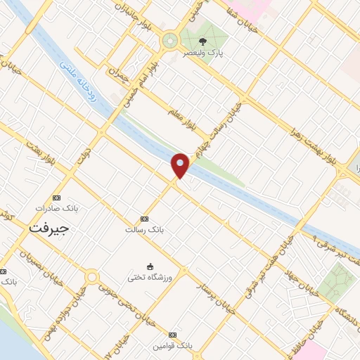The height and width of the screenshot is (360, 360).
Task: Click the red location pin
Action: (x=181, y=165)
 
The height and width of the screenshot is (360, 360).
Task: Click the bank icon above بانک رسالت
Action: (x=145, y=219)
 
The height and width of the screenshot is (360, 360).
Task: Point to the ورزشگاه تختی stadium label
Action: (x=150, y=278)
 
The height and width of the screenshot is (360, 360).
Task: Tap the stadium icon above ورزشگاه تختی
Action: (x=150, y=266)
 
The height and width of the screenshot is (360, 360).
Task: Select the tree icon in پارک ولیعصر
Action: (x=203, y=41)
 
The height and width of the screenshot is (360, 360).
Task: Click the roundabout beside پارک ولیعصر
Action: (x=169, y=41)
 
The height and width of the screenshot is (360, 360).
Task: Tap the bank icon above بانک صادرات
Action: (x=57, y=198)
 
